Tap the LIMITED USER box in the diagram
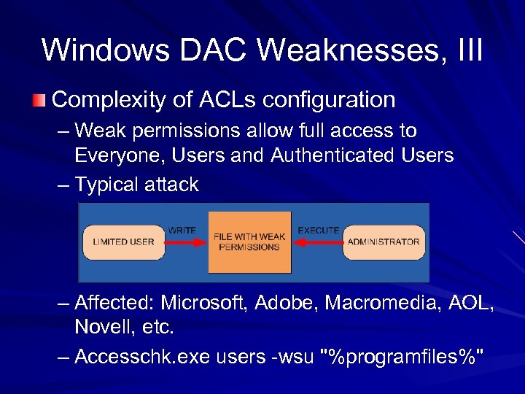(123, 242)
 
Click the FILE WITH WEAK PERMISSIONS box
(249, 242)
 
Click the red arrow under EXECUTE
(317, 242)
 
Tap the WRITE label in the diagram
(182, 230)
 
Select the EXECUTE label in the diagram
(318, 230)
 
